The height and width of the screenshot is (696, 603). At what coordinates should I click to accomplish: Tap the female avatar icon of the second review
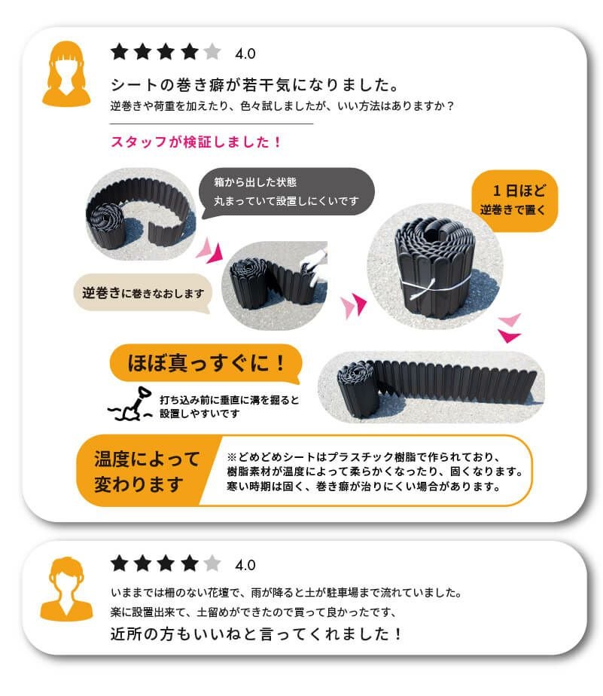point(65,588)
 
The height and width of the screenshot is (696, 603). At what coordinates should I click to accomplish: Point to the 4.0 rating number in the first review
point(245,54)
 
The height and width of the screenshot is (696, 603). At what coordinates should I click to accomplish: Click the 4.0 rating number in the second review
point(245,565)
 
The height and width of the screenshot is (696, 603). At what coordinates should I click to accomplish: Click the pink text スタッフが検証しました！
point(196,141)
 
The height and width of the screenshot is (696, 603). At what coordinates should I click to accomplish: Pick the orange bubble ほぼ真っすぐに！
point(204,365)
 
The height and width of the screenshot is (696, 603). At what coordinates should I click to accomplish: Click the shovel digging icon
point(132,405)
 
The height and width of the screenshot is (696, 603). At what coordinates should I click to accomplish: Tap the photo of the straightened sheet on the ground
point(430,385)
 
